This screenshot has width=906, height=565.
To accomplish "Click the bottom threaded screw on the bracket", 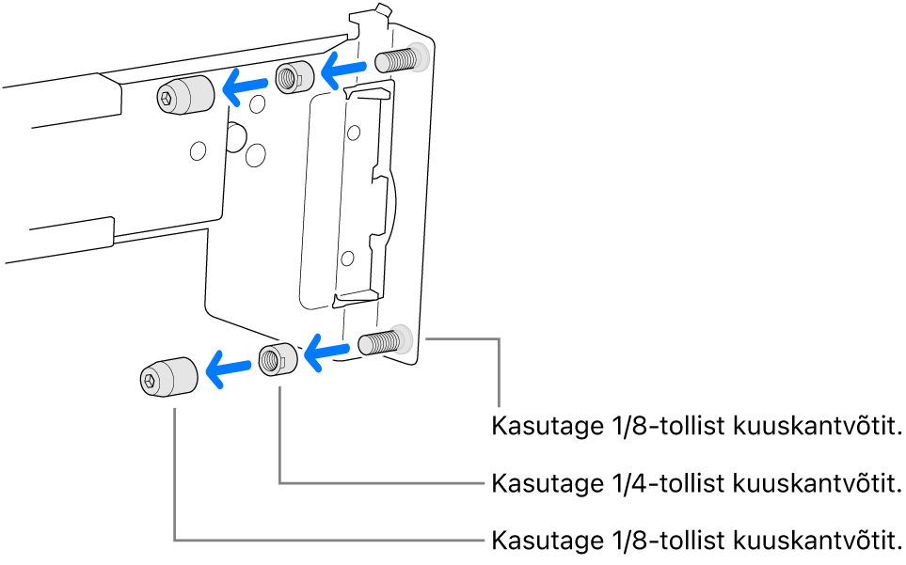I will tap(380, 341).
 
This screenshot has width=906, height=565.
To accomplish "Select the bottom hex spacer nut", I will tap(276, 359).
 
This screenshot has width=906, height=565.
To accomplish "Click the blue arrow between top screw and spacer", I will tap(341, 69).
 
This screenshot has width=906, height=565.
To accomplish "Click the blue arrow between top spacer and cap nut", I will tap(245, 86).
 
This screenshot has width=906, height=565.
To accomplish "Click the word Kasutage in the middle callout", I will tap(542, 484).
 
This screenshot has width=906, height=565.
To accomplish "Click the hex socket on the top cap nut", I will tap(167, 99).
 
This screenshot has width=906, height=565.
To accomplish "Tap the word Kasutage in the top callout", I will tap(542, 427).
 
